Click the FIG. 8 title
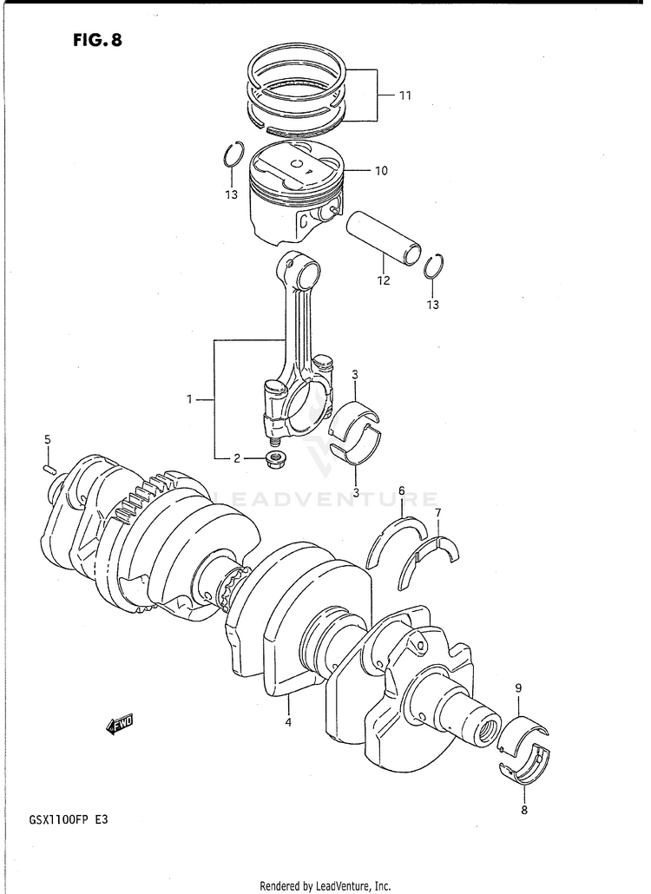97,41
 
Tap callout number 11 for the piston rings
404,95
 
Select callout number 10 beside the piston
381,170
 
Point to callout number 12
383,280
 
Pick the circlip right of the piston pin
436,266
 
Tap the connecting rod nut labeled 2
277,458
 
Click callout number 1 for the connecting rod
190,399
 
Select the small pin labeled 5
49,468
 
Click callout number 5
48,439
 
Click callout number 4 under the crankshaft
288,722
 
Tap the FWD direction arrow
119,725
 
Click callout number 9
518,689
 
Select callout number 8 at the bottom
524,809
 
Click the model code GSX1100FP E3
68,821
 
